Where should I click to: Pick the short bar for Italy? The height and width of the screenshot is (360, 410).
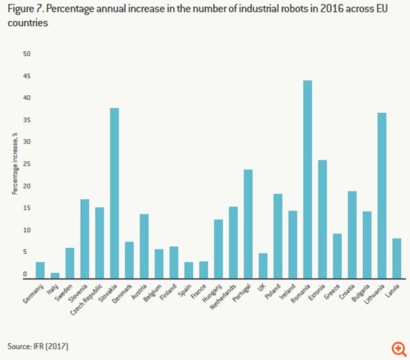pos(55,275)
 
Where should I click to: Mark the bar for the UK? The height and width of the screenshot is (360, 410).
pos(263,265)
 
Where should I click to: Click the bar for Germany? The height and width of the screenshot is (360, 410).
pos(40,270)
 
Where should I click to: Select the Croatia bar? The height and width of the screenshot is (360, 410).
pos(352,234)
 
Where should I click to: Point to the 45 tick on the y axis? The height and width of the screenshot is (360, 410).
pos(26,76)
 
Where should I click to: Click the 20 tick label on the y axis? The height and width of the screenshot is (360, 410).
pos(26,187)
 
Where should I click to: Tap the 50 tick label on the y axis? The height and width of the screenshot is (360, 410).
pos(26,54)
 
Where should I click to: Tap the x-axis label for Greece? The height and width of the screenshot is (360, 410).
pos(332,291)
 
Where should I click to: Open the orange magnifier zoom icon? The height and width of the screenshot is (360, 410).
pos(399,349)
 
